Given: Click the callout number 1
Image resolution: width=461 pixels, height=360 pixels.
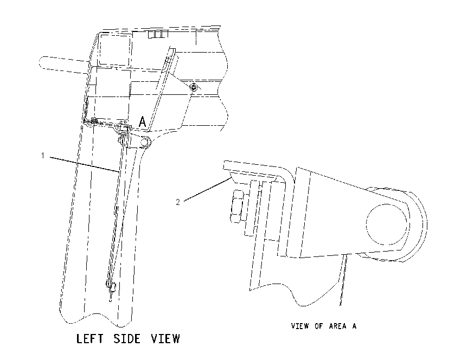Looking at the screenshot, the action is click(43, 156).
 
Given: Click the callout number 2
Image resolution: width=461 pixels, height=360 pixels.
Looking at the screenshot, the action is click(178, 202).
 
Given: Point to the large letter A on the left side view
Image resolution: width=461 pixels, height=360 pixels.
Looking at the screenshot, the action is click(142, 121).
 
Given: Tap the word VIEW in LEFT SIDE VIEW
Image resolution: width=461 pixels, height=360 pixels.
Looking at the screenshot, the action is click(165, 338).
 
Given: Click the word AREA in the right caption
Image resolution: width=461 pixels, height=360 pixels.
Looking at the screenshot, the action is click(337, 326).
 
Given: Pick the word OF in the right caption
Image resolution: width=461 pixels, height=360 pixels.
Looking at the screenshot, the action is click(318, 326).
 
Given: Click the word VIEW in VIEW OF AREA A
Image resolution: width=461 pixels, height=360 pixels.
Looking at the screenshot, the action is click(299, 326).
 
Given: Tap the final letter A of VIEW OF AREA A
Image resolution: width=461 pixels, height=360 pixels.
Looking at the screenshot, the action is click(354, 326).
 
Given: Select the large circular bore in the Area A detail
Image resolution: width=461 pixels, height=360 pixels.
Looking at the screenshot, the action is click(387, 224).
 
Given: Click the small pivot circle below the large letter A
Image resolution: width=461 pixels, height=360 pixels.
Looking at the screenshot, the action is click(144, 142).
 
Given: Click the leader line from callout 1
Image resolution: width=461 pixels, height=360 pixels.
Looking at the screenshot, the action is click(85, 164).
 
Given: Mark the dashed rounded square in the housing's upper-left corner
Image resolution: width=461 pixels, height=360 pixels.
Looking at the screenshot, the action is click(114, 49).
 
